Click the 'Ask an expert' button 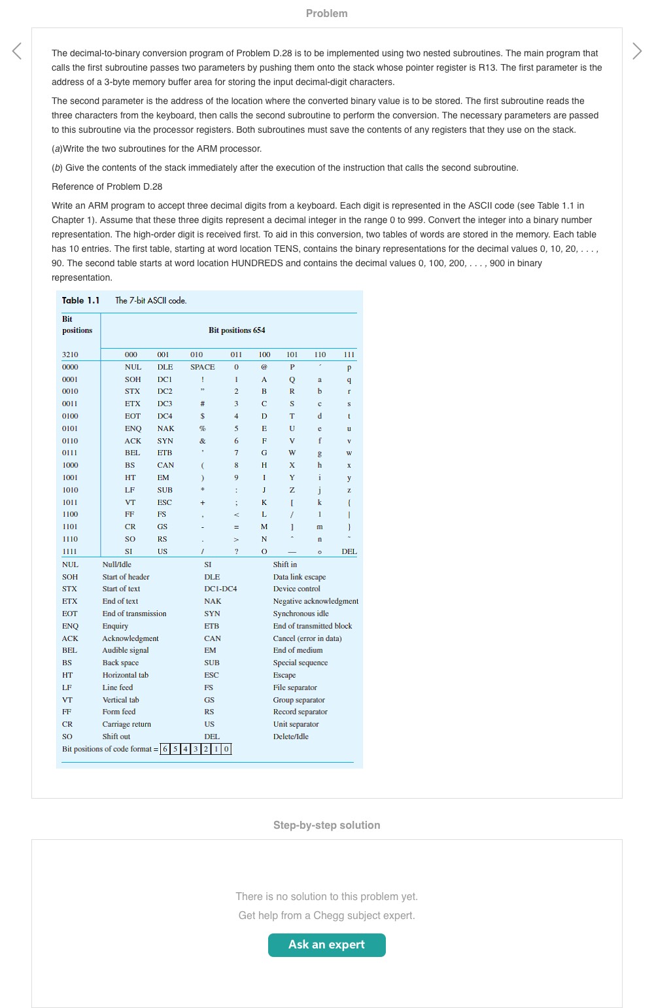(x=326, y=945)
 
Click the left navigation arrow (x=17, y=51)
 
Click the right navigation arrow (x=637, y=51)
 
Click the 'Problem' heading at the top (x=326, y=13)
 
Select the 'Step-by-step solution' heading (x=326, y=825)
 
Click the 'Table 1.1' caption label (x=80, y=300)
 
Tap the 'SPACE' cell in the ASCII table (x=202, y=367)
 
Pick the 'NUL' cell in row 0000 (x=133, y=367)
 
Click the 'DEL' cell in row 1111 (x=349, y=551)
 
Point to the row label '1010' (x=70, y=490)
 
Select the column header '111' (x=349, y=355)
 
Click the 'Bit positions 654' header (x=237, y=330)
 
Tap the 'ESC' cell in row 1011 (x=164, y=502)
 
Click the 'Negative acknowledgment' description (x=315, y=601)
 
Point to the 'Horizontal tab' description (x=125, y=675)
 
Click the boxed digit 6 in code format (x=165, y=749)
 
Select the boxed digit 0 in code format (x=226, y=749)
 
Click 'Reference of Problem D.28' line (x=107, y=186)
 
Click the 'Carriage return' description (x=126, y=724)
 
